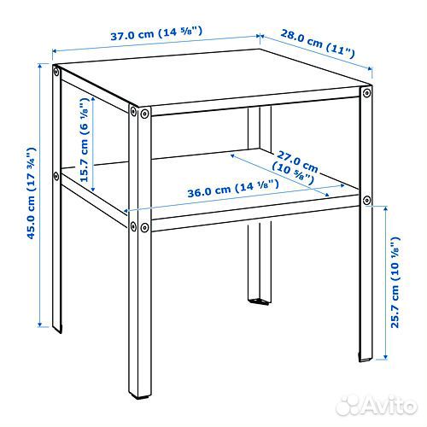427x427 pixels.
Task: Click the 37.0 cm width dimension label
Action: coord(156,33)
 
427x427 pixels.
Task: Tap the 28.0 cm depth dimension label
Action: coord(318,44)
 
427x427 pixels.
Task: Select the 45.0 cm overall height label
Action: coord(31,193)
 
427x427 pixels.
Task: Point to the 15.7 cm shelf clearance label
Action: coord(85,140)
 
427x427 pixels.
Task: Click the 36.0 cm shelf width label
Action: coord(233,189)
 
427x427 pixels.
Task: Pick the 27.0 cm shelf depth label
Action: coord(295,167)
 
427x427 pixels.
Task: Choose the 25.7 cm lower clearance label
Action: coord(395,282)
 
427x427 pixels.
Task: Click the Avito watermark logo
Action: coord(376,405)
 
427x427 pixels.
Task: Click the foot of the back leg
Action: coord(259,301)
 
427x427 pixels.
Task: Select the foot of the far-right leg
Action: coord(366,358)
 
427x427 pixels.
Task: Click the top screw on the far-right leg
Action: coord(366,93)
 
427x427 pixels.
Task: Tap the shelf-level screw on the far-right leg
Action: coord(366,201)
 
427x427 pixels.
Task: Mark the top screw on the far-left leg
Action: coord(56,72)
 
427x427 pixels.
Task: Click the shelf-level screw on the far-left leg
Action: coord(56,176)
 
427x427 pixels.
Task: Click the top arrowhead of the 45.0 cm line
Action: coord(40,66)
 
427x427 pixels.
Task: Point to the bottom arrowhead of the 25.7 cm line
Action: coord(386,356)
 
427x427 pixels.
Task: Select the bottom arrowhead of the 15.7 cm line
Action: coord(93,189)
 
